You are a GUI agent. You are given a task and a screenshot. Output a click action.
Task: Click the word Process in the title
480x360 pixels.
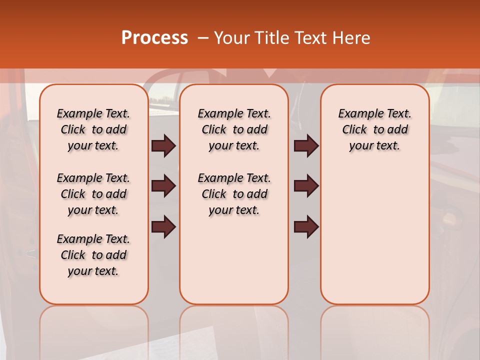(x=154, y=38)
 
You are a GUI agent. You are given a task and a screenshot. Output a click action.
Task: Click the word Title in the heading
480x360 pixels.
(x=269, y=38)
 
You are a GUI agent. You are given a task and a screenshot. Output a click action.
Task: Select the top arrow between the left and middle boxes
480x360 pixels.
(x=163, y=145)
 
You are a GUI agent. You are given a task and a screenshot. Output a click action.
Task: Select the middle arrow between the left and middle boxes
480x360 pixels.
(x=163, y=186)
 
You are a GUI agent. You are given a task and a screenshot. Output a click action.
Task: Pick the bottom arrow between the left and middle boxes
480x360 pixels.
(x=163, y=226)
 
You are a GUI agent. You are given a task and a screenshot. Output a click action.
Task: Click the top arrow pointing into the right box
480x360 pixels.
(x=306, y=145)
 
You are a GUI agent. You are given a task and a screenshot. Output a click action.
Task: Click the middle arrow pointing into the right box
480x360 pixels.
(x=306, y=186)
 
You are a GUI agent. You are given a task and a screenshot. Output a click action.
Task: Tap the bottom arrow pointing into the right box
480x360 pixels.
(x=306, y=226)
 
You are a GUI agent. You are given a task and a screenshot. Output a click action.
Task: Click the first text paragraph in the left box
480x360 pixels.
(x=93, y=130)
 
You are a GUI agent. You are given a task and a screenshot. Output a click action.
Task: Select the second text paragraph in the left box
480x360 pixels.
(x=93, y=194)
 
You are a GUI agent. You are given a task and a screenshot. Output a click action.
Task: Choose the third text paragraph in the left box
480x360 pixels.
(x=93, y=255)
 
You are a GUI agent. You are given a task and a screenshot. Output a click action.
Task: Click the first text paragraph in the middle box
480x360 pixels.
(x=234, y=130)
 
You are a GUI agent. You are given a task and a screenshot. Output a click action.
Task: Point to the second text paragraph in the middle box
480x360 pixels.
(x=234, y=194)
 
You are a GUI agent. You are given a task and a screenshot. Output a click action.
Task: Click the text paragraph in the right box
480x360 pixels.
(x=375, y=130)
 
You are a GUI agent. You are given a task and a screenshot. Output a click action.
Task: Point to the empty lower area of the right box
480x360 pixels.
(x=375, y=240)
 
